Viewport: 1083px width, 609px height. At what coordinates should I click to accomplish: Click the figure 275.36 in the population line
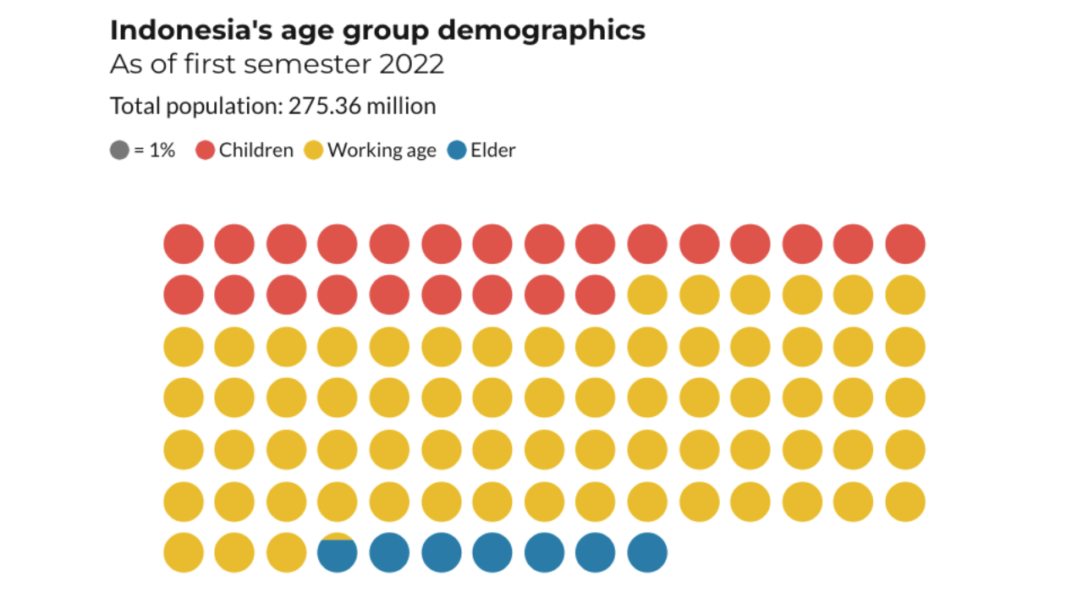(322, 107)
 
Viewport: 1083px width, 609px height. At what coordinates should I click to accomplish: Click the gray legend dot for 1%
(119, 151)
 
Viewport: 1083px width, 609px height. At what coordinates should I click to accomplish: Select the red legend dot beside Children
(206, 151)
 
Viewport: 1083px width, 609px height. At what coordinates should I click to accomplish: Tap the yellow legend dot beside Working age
(314, 151)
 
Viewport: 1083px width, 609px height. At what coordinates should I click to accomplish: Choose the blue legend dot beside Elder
(457, 151)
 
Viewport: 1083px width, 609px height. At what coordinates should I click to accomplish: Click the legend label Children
(256, 151)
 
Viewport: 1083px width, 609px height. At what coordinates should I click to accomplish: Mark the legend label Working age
(382, 151)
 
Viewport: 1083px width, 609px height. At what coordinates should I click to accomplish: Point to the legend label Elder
(492, 151)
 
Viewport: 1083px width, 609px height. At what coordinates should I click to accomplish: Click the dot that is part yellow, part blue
(338, 552)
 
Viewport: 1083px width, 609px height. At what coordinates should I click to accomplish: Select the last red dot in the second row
(596, 295)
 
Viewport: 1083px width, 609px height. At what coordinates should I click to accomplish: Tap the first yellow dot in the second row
(647, 295)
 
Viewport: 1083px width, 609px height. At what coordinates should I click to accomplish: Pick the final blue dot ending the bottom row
(647, 552)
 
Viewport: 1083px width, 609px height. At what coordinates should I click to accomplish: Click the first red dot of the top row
(184, 244)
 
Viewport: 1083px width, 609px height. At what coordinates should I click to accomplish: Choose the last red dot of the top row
(905, 244)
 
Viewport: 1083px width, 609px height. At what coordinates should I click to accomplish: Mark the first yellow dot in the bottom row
(184, 552)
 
